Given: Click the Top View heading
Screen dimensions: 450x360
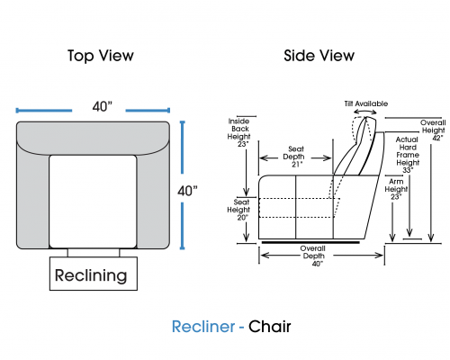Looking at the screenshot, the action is pyautogui.click(x=101, y=56).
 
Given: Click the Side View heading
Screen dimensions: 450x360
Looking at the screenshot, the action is pyautogui.click(x=319, y=56).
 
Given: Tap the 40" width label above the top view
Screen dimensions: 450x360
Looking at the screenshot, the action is pyautogui.click(x=102, y=106).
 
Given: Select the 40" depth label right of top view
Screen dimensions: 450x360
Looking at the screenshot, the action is pyautogui.click(x=187, y=191).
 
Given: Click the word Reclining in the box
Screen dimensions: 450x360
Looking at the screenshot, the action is pyautogui.click(x=91, y=275).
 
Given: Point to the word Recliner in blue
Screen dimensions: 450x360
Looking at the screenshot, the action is pyautogui.click(x=203, y=327).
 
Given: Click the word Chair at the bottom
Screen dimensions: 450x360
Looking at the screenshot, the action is pyautogui.click(x=269, y=327).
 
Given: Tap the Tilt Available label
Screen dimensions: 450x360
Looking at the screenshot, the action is pyautogui.click(x=366, y=103).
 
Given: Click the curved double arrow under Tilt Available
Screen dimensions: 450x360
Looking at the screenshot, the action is pyautogui.click(x=365, y=112).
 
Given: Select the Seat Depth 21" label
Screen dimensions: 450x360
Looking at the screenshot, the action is pyautogui.click(x=295, y=157).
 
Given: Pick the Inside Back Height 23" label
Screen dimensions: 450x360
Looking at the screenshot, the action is pyautogui.click(x=238, y=132).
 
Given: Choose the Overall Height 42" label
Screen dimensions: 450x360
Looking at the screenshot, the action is pyautogui.click(x=433, y=130).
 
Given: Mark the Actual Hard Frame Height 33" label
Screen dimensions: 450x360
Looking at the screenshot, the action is pyautogui.click(x=408, y=155).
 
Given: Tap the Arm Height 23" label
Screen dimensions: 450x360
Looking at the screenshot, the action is pyautogui.click(x=396, y=189).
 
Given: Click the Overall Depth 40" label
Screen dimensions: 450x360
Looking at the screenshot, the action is pyautogui.click(x=313, y=256).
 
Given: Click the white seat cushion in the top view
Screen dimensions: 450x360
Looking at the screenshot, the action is pyautogui.click(x=93, y=202).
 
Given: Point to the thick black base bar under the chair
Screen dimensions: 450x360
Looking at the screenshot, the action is pyautogui.click(x=310, y=242).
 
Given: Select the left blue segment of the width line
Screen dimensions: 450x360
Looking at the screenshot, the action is pyautogui.click(x=44, y=111).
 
